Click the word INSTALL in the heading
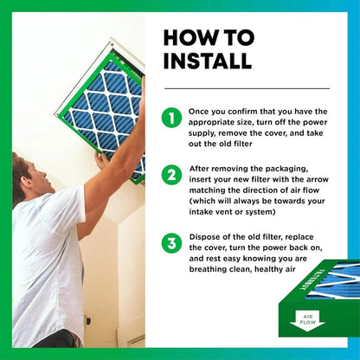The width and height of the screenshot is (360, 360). (207, 61)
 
